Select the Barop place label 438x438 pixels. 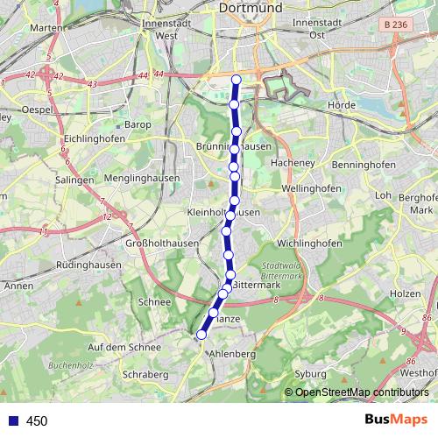point(138,125)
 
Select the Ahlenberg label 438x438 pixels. point(232,353)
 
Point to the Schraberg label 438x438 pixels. point(145,374)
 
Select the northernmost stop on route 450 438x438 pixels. point(236,81)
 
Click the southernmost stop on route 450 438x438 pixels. point(201,335)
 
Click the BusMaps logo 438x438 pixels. point(395,420)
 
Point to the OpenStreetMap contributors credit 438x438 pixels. point(361,392)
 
